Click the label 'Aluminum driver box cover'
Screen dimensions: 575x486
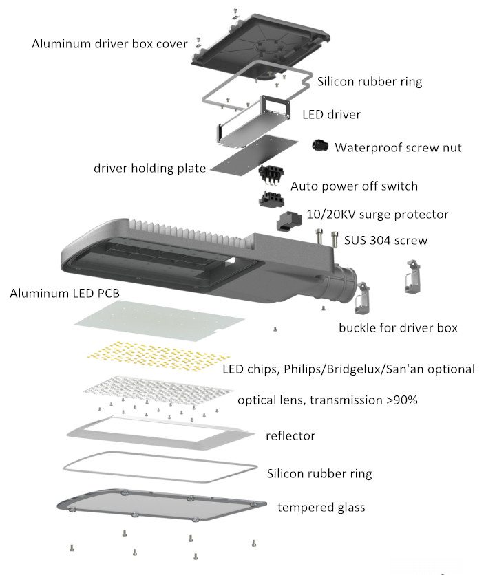pyautogui.click(x=109, y=44)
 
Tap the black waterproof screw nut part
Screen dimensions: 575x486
pyautogui.click(x=319, y=145)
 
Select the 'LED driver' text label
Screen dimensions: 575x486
pyautogui.click(x=331, y=114)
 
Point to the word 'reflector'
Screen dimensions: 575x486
pyautogui.click(x=290, y=435)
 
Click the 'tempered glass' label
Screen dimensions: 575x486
pyautogui.click(x=321, y=508)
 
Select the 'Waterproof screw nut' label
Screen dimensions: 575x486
pyautogui.click(x=398, y=147)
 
